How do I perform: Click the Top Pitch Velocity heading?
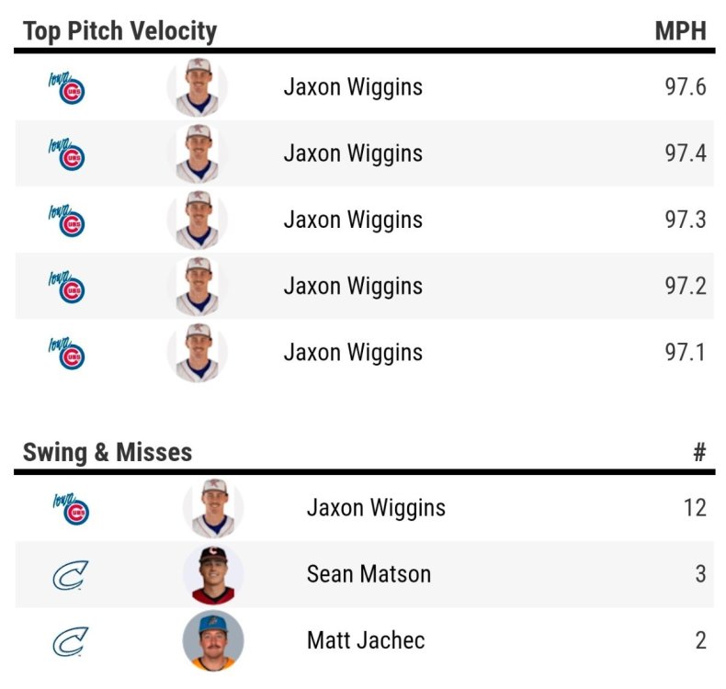119,31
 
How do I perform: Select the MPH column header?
680,31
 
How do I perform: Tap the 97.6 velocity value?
686,87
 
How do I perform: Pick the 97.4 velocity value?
686,153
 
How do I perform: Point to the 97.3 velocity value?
686,220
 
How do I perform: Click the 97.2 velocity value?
686,286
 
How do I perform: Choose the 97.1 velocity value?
686,352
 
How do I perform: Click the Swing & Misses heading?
108,452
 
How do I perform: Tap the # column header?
698,452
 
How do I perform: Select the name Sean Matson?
369,574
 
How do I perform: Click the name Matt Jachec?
366,640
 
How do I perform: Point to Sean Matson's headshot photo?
213,575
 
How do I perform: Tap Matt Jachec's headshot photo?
213,640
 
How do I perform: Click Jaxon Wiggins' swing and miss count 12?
695,508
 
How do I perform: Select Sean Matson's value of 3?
700,574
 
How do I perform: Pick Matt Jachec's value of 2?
700,640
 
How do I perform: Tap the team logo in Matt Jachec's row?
70,641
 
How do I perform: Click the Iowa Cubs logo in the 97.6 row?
66,88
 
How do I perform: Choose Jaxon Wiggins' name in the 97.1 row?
353,352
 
